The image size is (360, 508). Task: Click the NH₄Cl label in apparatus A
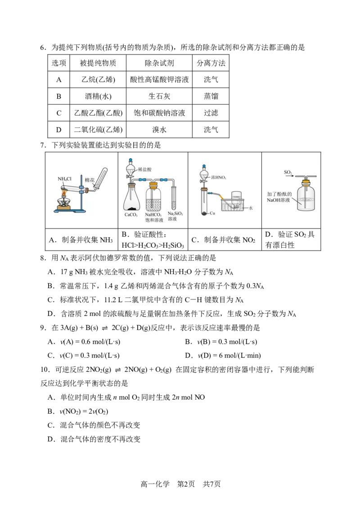pyautogui.click(x=64, y=179)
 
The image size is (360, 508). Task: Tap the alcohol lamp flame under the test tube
pyautogui.click(x=64, y=194)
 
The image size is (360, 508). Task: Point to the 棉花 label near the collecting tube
pyautogui.click(x=90, y=180)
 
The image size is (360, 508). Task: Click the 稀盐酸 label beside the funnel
pyautogui.click(x=144, y=169)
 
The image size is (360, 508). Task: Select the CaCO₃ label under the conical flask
pyautogui.click(x=131, y=214)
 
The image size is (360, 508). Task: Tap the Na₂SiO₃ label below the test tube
pyautogui.click(x=175, y=214)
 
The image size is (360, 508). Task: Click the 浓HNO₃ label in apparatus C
pyautogui.click(x=219, y=177)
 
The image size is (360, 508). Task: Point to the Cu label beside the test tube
pyautogui.click(x=212, y=213)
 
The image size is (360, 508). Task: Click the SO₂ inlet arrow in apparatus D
pyautogui.click(x=289, y=176)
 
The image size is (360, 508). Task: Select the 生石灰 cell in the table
pyautogui.click(x=159, y=96)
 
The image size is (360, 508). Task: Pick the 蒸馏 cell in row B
pyautogui.click(x=211, y=96)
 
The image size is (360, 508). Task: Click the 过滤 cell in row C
pyautogui.click(x=211, y=113)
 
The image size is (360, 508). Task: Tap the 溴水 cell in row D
pyautogui.click(x=159, y=129)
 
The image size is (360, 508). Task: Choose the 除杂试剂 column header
pyautogui.click(x=159, y=63)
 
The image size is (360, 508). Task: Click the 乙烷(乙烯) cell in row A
pyautogui.click(x=98, y=80)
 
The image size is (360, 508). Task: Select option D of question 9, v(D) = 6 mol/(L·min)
pyautogui.click(x=223, y=356)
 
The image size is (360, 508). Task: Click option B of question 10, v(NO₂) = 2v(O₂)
pyautogui.click(x=77, y=411)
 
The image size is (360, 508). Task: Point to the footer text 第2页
pyautogui.click(x=186, y=484)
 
